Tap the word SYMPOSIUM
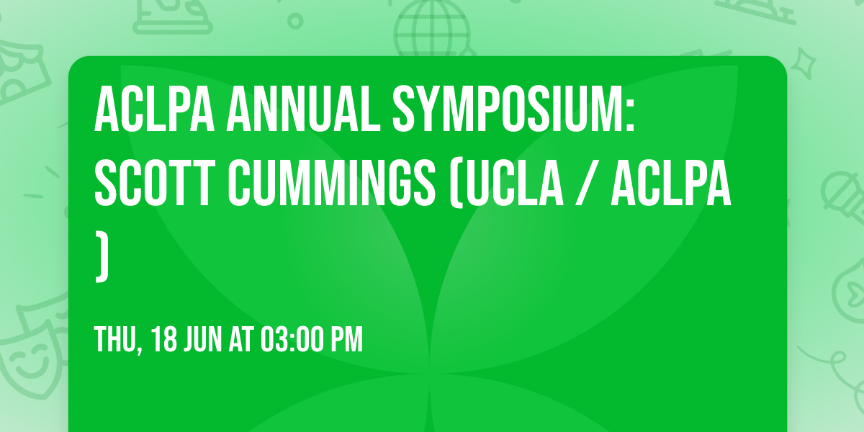tap(512, 109)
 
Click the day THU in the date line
tap(114, 339)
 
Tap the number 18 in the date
tap(164, 339)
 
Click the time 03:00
tap(289, 339)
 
